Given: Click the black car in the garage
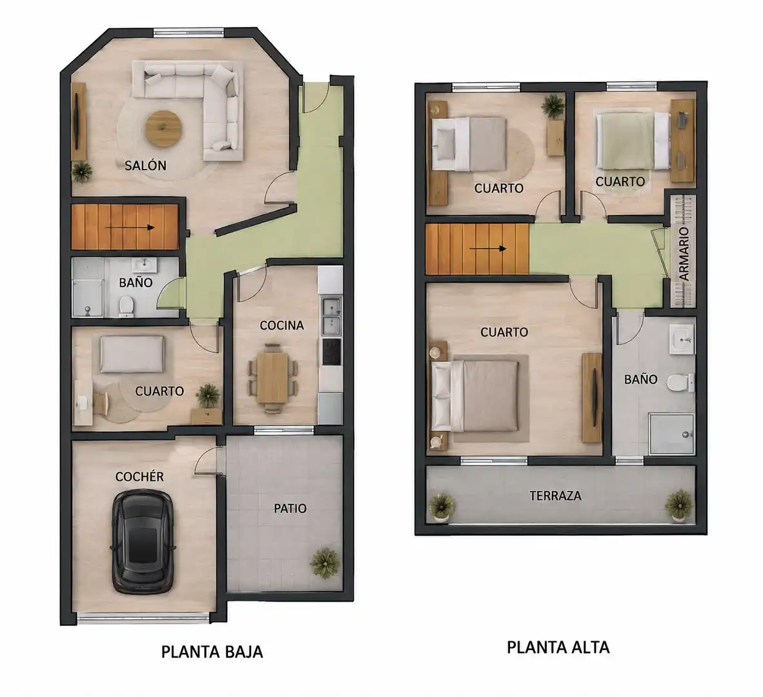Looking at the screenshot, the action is tap(143, 542).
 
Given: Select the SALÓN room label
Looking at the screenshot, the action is tap(145, 165).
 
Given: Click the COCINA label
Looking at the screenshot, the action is tap(281, 325).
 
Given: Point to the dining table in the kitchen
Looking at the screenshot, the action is tap(272, 377).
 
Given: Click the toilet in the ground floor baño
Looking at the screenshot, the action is tap(127, 306).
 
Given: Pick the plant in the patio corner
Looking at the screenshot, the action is tap(325, 563).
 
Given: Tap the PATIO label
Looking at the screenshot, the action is tap(290, 509).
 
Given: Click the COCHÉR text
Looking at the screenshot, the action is tap(139, 477).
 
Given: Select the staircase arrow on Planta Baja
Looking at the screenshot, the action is tap(130, 228).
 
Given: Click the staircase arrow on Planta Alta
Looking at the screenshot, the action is tap(487, 249).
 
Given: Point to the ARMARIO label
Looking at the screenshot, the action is tap(684, 254).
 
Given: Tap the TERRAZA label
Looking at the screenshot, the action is tap(555, 496).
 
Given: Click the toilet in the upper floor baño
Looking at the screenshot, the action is tap(680, 383).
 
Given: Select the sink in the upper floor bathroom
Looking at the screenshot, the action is tap(682, 339).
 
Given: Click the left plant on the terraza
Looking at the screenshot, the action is tap(442, 507).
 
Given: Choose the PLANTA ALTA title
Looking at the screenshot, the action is tap(558, 647).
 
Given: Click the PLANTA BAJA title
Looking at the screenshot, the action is tap(212, 652).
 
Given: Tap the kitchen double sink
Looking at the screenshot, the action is tap(331, 317).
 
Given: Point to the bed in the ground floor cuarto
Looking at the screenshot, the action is tap(132, 354).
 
